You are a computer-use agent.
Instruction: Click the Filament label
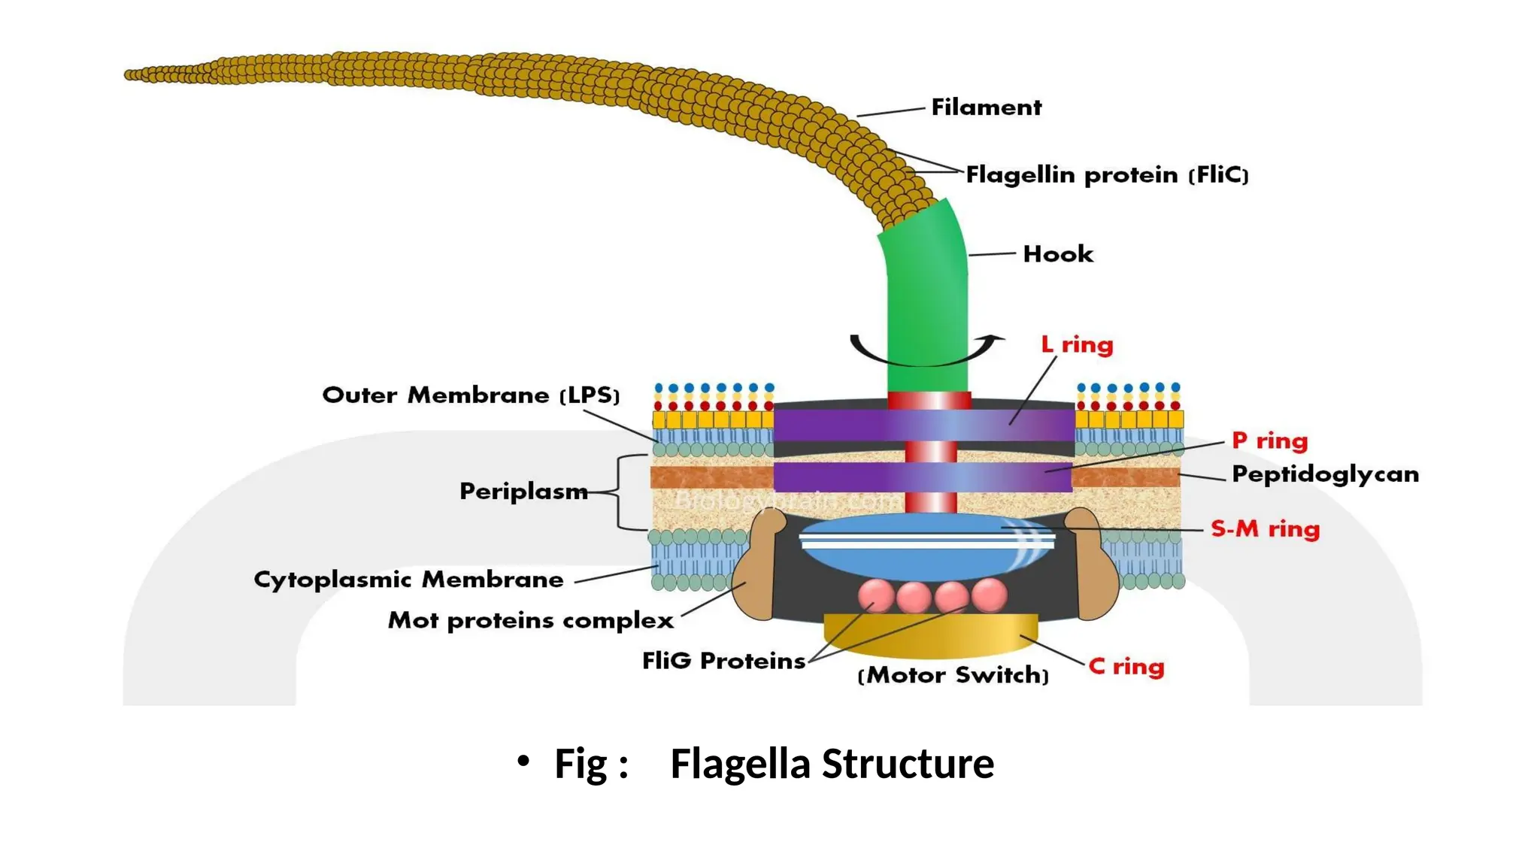tap(986, 107)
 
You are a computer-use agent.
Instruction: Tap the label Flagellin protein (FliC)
tap(1106, 175)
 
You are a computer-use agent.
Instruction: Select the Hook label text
tap(1057, 254)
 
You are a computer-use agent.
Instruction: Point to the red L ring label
tap(1077, 345)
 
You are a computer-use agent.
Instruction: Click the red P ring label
tap(1269, 441)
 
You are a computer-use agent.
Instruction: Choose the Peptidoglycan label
tap(1325, 474)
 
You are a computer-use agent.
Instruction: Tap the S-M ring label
tap(1265, 529)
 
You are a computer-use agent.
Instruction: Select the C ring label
tap(1126, 667)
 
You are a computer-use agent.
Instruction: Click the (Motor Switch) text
tap(953, 675)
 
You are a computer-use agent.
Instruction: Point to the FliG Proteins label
tap(723, 661)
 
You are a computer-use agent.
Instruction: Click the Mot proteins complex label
tap(530, 621)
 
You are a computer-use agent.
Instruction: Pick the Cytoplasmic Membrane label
tap(408, 580)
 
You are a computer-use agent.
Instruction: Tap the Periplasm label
tap(523, 492)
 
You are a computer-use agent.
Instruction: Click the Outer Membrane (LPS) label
tap(471, 395)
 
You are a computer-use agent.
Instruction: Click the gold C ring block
tap(931, 636)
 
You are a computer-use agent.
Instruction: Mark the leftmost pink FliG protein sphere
tap(876, 595)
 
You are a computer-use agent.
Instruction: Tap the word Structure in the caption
tap(908, 764)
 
